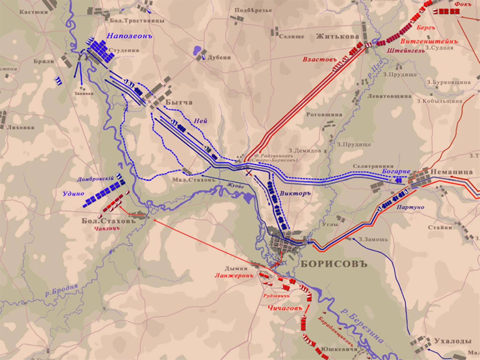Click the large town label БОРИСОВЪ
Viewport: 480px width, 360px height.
(334, 264)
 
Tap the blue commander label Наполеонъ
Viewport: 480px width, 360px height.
(130, 36)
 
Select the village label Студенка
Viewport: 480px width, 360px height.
(124, 50)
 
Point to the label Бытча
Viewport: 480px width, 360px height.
(179, 102)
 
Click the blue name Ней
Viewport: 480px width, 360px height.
(200, 121)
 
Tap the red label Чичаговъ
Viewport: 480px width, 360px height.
(284, 308)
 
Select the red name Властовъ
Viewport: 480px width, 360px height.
(319, 59)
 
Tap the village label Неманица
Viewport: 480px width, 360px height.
(451, 172)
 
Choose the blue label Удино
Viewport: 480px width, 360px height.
(73, 193)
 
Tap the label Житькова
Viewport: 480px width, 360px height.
(338, 36)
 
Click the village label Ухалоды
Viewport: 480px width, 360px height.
(453, 341)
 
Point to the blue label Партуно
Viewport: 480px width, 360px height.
(410, 207)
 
